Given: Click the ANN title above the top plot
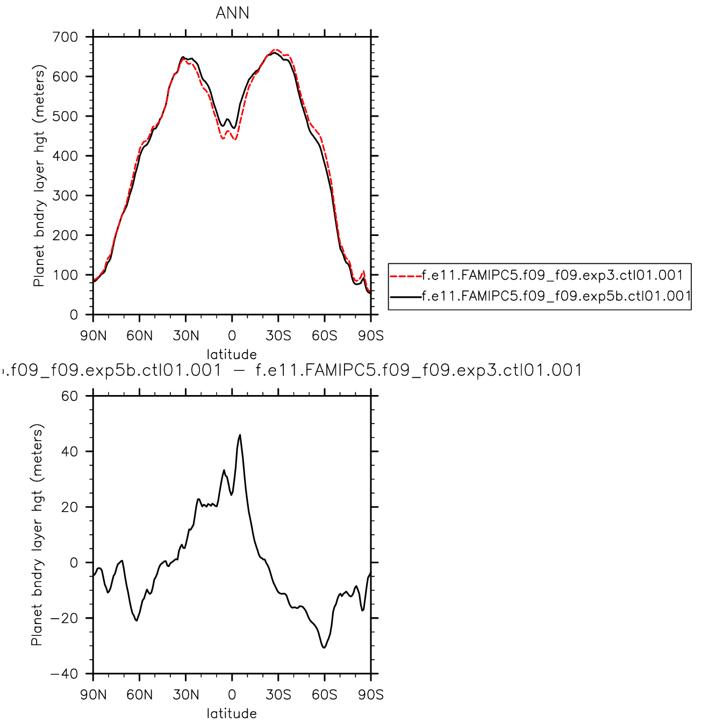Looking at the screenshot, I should coord(232,13).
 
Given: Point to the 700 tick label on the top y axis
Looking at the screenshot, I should coord(65,37).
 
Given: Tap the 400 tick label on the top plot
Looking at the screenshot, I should coord(65,156).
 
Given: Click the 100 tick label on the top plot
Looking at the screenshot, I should coord(65,275).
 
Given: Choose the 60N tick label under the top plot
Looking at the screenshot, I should coord(139,336).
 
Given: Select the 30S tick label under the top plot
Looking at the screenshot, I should coord(278,336).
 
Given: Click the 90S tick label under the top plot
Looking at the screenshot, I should coord(371,336).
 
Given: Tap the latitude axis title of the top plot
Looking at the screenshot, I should coord(232,354).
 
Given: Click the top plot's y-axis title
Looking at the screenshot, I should coord(39,176).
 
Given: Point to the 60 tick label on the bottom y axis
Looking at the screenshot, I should coord(69,396).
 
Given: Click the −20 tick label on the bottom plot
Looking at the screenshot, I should coord(64,618).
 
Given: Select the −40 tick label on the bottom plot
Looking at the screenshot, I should coord(64,674).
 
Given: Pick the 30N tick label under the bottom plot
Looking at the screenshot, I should coord(186,695).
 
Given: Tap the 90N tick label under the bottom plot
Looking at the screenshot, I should coord(93,695).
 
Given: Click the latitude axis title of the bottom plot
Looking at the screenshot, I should coord(232,713).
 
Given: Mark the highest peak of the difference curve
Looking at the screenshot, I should coord(240,435).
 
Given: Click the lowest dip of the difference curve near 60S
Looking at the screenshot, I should coord(324,648).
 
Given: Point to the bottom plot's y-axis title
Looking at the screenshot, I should coord(37,535).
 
